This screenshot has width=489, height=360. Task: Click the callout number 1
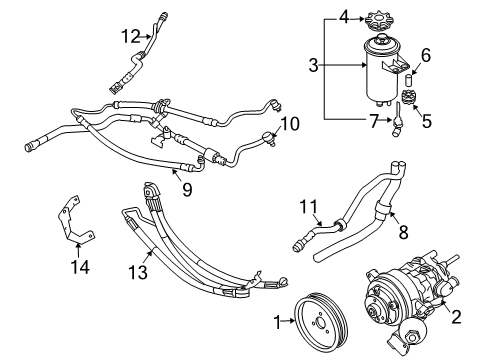(278, 322)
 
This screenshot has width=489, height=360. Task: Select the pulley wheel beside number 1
(322, 320)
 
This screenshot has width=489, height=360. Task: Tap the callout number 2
(456, 316)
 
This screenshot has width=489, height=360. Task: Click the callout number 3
(313, 65)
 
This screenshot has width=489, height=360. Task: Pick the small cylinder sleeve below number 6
(409, 81)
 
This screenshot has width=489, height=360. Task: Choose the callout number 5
(427, 121)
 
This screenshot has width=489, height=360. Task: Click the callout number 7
(374, 121)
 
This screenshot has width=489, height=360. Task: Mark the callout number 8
(403, 232)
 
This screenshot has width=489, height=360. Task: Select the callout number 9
(187, 189)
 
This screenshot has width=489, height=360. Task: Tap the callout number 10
(290, 124)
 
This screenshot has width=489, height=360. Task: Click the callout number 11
(308, 207)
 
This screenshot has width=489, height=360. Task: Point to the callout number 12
(131, 36)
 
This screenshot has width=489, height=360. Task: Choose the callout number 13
(138, 272)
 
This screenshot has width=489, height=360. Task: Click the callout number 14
(80, 267)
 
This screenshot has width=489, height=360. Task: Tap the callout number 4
(344, 17)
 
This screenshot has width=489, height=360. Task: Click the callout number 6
(426, 55)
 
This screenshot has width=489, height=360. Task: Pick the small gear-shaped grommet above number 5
(408, 97)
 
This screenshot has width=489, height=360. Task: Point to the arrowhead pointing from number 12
(149, 37)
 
